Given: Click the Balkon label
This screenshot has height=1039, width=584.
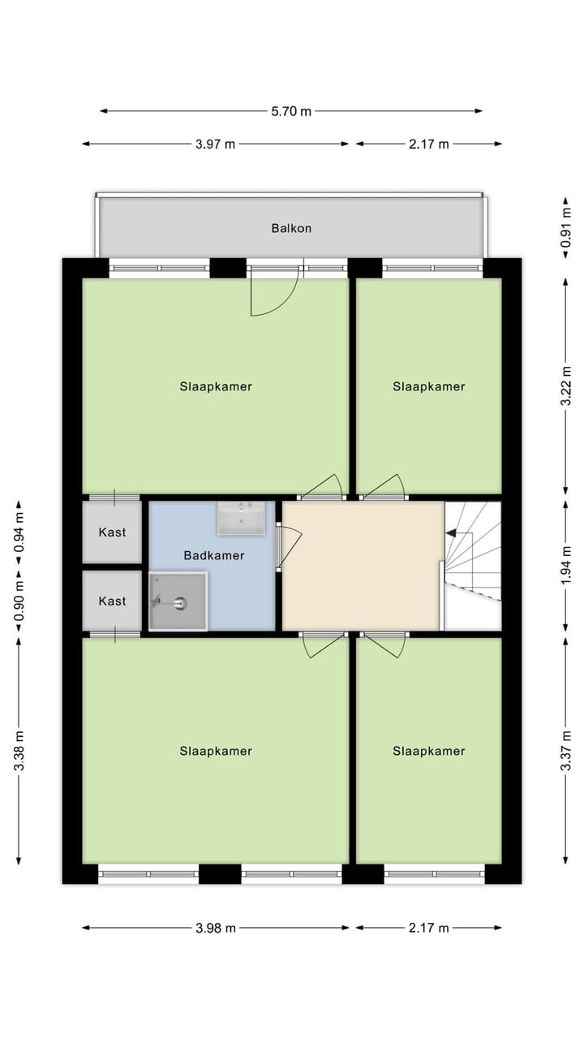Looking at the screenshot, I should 291,228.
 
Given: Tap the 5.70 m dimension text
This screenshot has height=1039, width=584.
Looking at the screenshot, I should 291,111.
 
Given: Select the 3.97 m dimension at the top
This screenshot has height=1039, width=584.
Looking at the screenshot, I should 215,144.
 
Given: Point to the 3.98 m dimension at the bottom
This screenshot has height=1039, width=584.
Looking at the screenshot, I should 215,928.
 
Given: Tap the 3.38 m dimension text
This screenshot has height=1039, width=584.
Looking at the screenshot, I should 19,750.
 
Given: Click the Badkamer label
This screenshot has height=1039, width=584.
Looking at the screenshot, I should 214,556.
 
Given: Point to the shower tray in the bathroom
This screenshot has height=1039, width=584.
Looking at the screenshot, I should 178,601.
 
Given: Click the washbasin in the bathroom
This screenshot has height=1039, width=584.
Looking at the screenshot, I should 241,518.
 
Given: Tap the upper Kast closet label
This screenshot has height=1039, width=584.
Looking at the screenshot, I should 112,532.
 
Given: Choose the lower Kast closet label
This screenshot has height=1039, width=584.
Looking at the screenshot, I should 112,601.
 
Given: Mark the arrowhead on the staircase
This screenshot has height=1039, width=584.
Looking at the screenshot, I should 450,533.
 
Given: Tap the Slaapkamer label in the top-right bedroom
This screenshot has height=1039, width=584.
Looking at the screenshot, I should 429,386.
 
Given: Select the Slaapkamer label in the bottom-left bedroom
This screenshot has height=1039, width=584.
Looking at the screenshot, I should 216,751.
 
